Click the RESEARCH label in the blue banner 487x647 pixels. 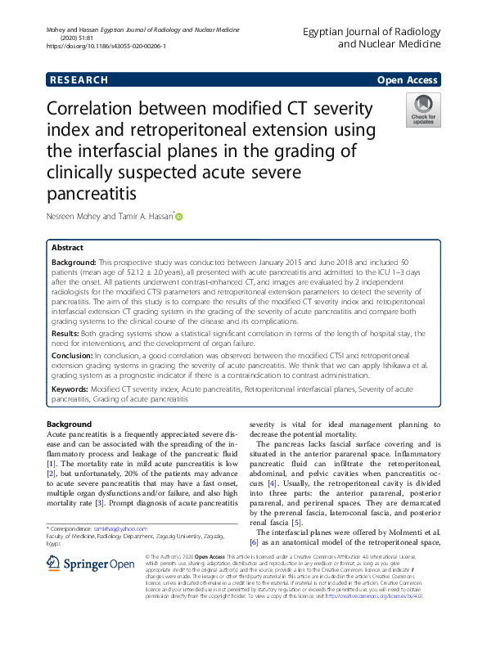point(79,80)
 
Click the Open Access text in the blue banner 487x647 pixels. point(408,80)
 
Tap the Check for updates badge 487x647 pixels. point(423,110)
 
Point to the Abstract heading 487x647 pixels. point(67,247)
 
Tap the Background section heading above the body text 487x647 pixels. point(69,425)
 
